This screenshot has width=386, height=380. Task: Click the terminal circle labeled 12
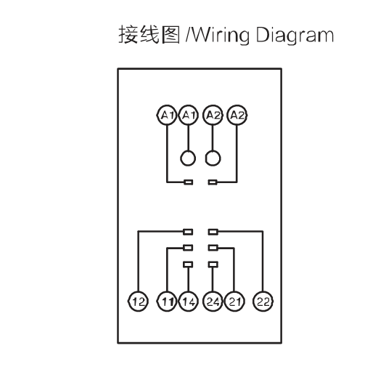(x=138, y=301)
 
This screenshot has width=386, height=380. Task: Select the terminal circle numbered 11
(x=167, y=301)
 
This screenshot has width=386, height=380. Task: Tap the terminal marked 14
(x=189, y=301)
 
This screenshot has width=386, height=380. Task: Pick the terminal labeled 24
(x=213, y=301)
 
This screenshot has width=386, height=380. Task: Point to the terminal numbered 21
(x=234, y=301)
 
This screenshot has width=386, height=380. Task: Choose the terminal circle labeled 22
(x=263, y=301)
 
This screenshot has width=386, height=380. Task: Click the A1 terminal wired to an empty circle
(x=189, y=115)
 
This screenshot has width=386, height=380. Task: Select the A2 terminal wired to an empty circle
(x=213, y=115)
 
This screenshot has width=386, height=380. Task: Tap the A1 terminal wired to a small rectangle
(x=167, y=115)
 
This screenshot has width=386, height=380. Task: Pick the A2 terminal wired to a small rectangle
(x=237, y=115)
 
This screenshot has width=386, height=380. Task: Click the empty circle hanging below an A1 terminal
(x=188, y=158)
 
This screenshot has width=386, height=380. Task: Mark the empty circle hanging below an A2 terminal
(x=213, y=158)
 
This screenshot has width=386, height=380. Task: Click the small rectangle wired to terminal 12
(x=188, y=232)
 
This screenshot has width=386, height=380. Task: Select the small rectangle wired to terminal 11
(x=188, y=248)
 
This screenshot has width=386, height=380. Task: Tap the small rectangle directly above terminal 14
(x=188, y=264)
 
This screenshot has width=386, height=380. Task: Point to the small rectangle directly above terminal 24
(x=213, y=264)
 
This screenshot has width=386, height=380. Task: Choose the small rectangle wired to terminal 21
(x=213, y=248)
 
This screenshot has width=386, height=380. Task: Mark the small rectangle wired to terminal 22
(x=213, y=232)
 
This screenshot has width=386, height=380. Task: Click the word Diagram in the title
(x=295, y=36)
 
